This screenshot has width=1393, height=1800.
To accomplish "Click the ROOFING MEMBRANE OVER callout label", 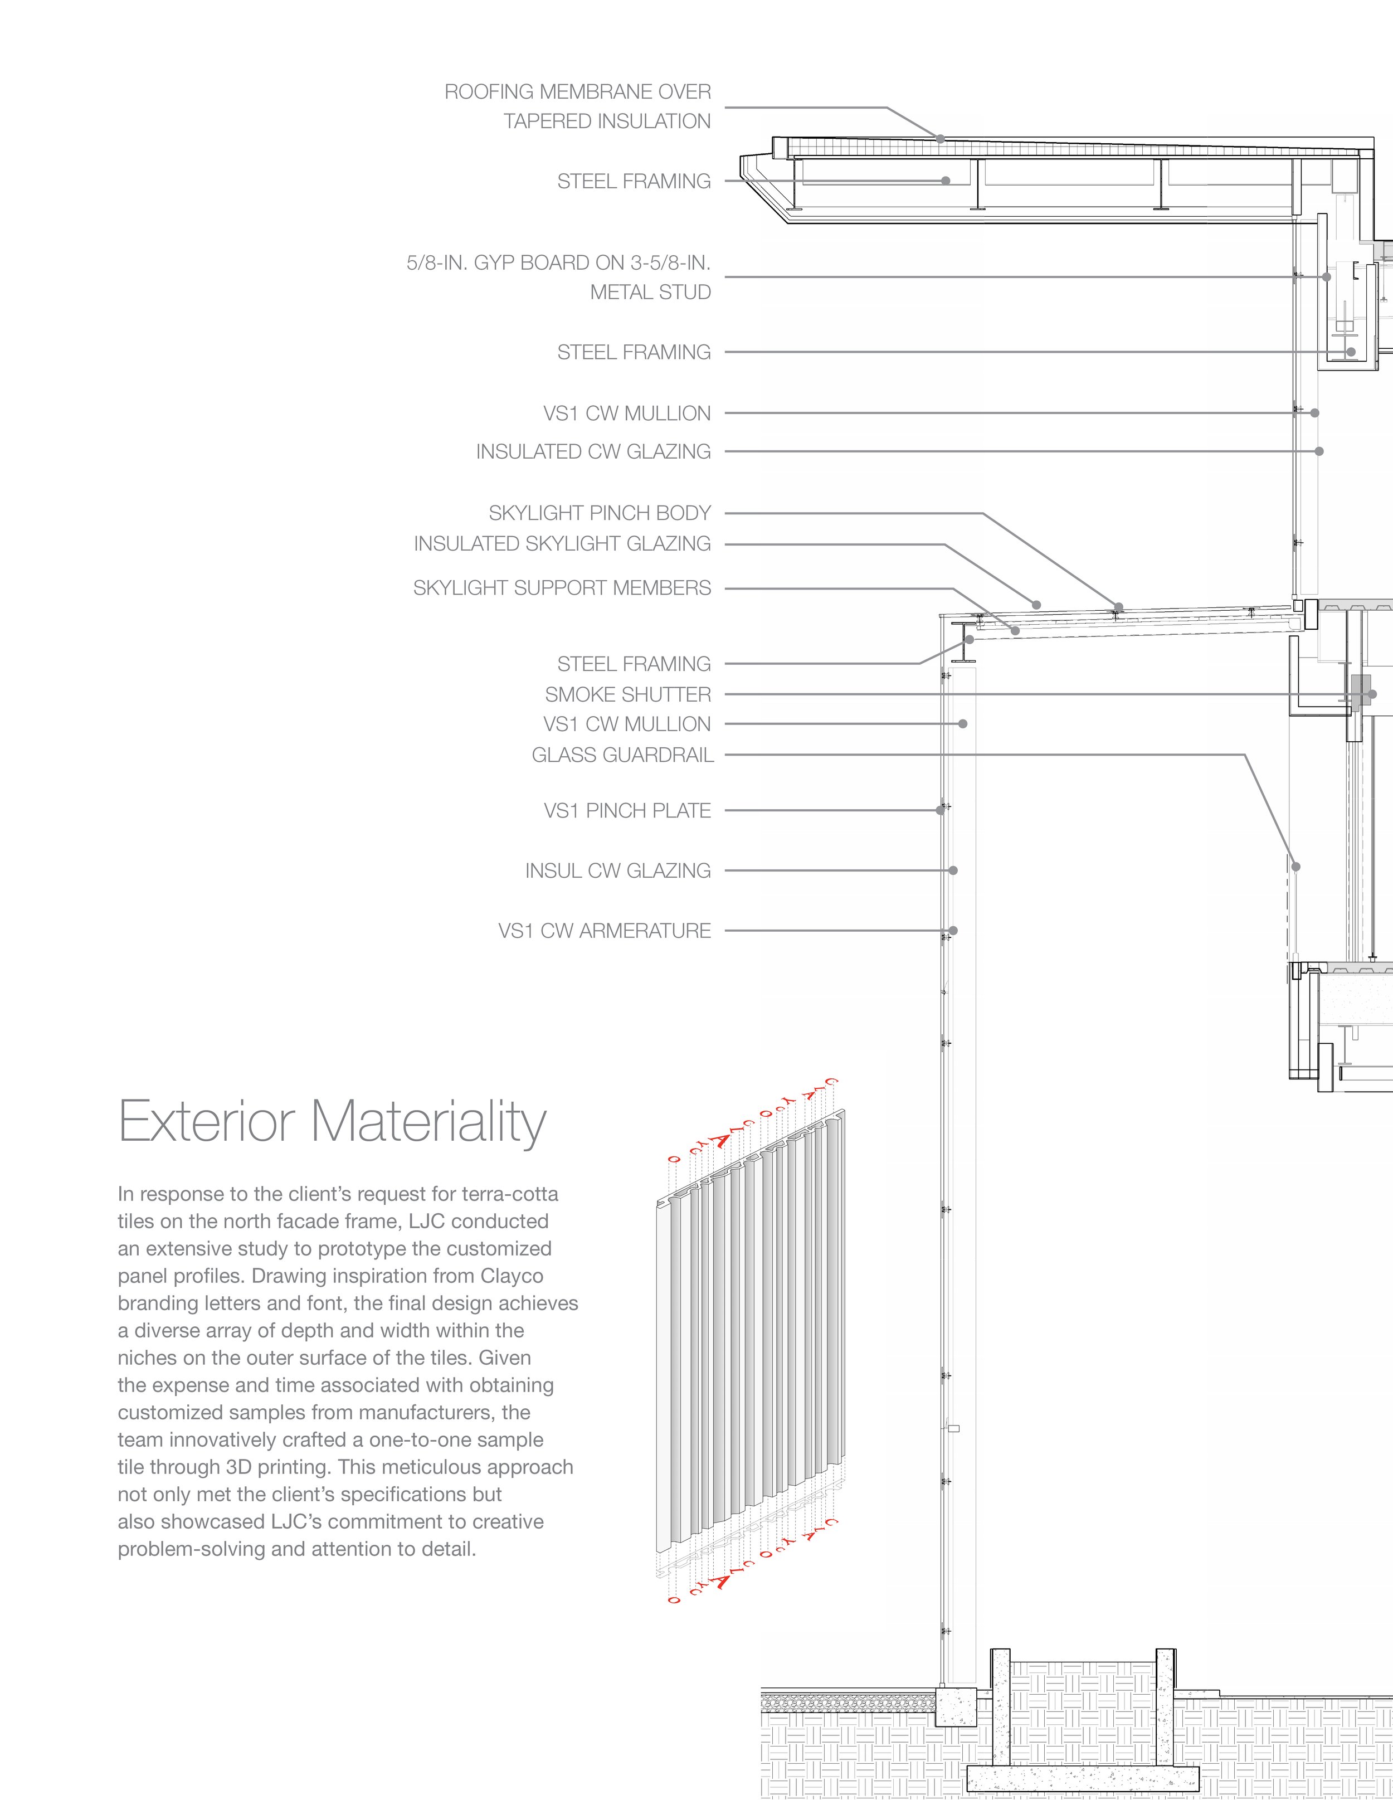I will coord(577,91).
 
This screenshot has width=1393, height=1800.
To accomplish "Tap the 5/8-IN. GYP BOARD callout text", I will coord(558,263).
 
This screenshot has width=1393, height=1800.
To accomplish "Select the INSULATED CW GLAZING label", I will coord(593,451).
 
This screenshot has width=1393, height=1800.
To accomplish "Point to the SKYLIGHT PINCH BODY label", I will coord(599,513).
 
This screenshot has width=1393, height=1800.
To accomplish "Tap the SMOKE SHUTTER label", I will coord(627,695).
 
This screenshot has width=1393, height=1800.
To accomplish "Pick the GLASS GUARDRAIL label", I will coord(622,755).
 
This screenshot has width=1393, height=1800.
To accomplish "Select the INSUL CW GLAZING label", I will coord(617,870).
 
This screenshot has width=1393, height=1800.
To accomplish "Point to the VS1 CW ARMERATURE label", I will coord(604,931).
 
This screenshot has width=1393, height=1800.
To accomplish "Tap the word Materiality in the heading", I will coord(428,1122).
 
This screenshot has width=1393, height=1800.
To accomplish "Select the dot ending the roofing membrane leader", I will coord(941,139).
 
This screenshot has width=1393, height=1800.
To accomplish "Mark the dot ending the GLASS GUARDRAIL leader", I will coord(1295,867).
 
